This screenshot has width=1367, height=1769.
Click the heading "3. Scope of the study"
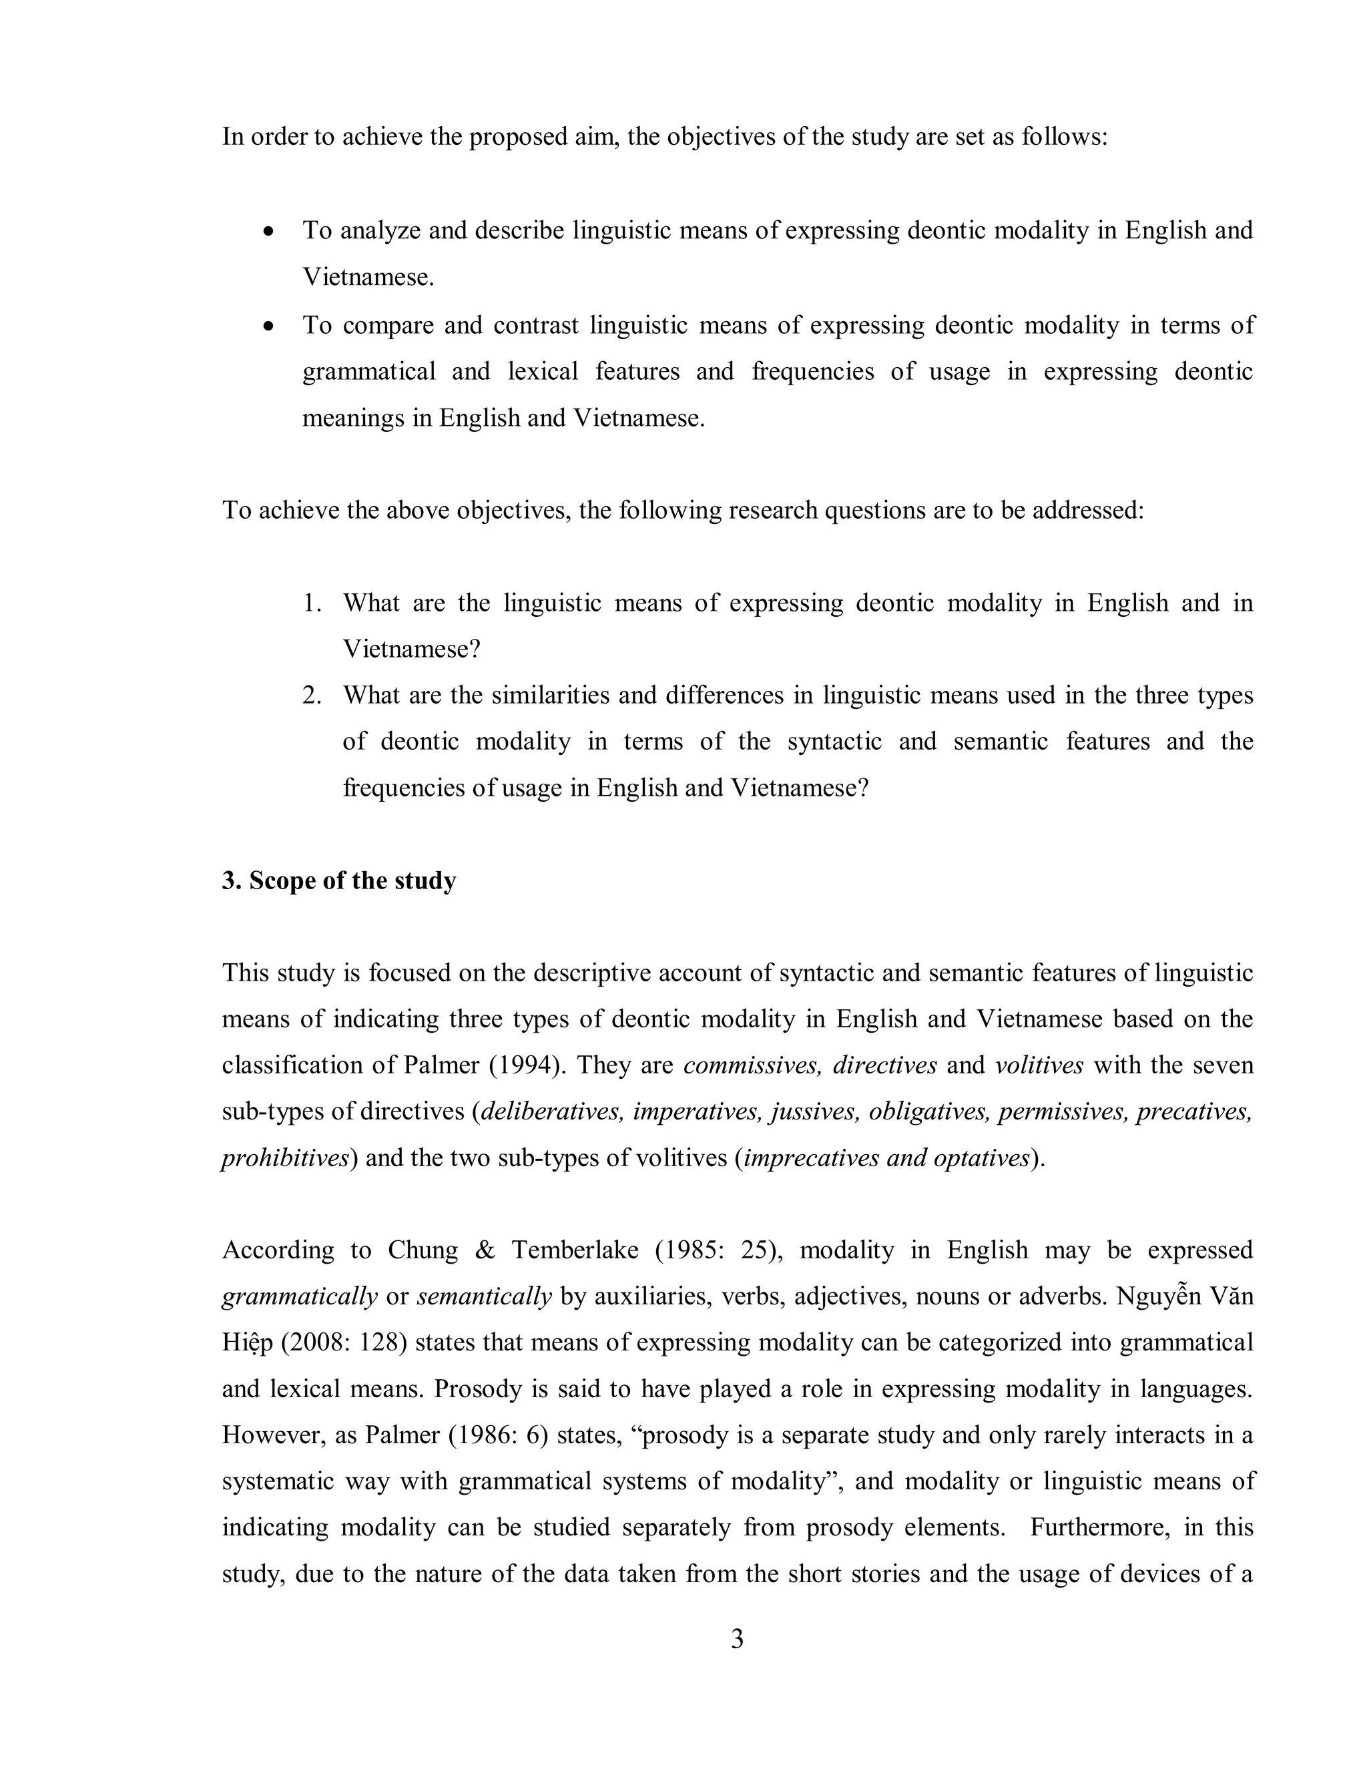coord(338,880)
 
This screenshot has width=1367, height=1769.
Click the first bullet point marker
coord(269,232)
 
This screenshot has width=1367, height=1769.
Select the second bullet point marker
coord(269,326)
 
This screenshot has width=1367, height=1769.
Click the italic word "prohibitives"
coord(284,1158)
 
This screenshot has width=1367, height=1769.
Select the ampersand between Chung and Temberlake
coord(485,1250)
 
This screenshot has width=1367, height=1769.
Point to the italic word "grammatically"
coord(300,1297)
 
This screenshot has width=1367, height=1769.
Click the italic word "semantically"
coord(485,1297)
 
